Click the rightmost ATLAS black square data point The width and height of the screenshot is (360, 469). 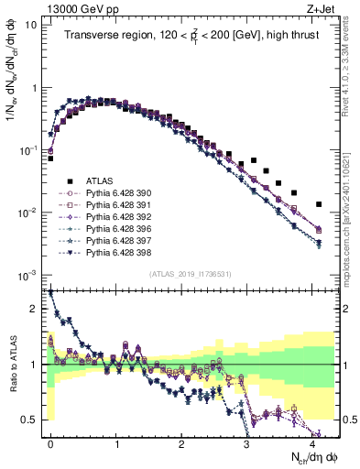318,204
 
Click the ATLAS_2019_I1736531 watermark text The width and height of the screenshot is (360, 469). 191,274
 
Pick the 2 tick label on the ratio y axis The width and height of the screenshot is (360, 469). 34,309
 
